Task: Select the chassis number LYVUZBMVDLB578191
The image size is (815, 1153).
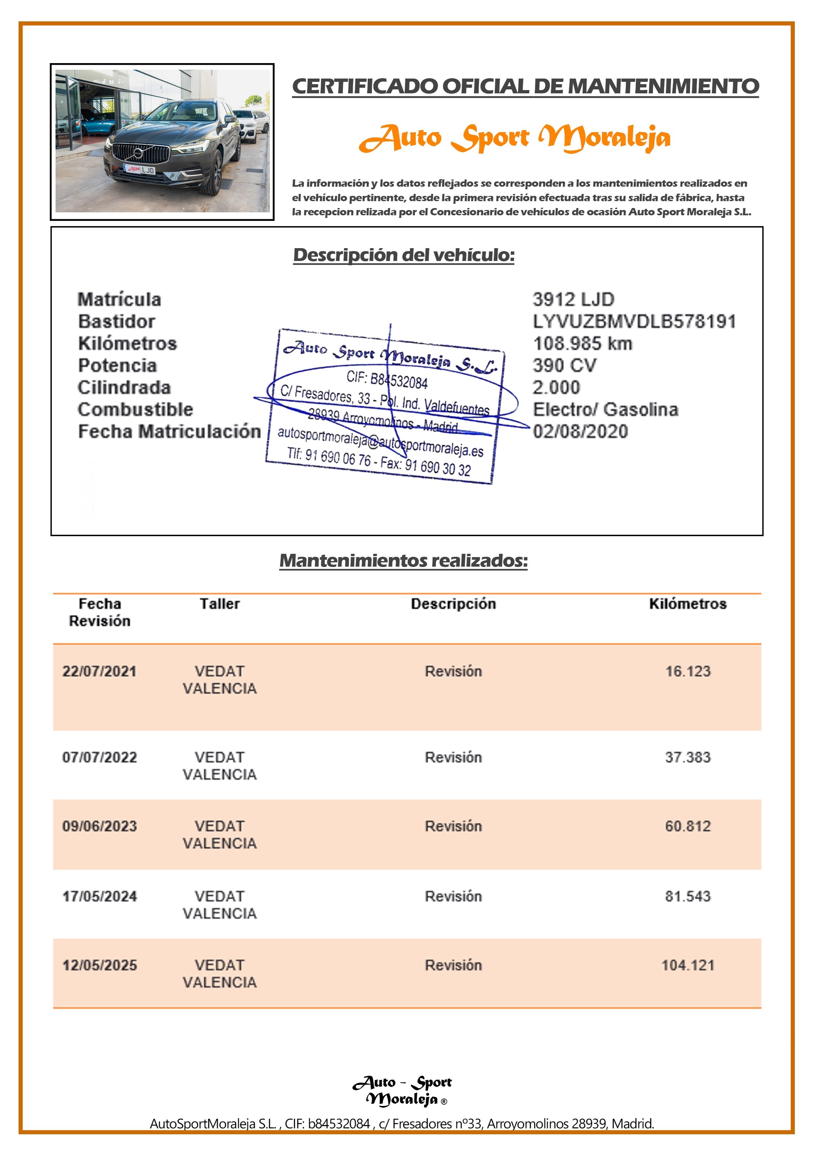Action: [x=634, y=321]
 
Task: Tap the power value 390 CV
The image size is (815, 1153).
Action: [x=565, y=365]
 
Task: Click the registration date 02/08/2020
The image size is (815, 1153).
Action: [x=580, y=431]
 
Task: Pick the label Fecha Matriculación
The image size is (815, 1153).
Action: [x=169, y=431]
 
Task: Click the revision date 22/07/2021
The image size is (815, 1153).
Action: [x=100, y=671]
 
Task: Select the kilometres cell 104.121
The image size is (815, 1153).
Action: [x=687, y=965]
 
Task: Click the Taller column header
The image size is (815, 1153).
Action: [x=220, y=604]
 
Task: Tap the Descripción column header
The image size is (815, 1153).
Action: [x=453, y=604]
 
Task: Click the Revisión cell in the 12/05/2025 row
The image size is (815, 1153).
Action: [x=453, y=965]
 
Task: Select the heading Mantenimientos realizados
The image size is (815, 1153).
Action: [x=403, y=560]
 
